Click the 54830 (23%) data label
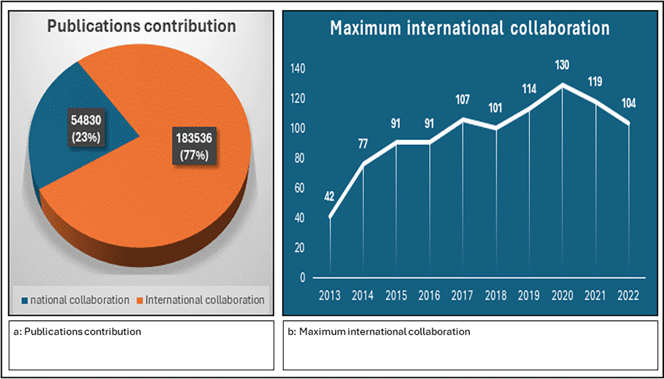[x=86, y=128]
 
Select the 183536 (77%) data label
[x=194, y=146]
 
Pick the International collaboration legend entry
[x=201, y=300]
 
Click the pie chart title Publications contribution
[x=141, y=27]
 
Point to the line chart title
[x=470, y=28]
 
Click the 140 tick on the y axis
[x=298, y=69]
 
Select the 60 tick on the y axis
[x=299, y=188]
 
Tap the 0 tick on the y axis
[x=303, y=278]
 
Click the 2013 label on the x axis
[x=329, y=295]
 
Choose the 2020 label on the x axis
[x=562, y=295]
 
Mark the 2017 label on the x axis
[x=462, y=295]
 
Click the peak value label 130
[x=562, y=65]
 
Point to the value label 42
[x=329, y=196]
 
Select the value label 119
[x=595, y=82]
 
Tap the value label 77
[x=363, y=144]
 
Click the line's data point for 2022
[x=628, y=124]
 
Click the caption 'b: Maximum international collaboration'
[x=385, y=332]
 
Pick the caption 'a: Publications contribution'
[x=77, y=332]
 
